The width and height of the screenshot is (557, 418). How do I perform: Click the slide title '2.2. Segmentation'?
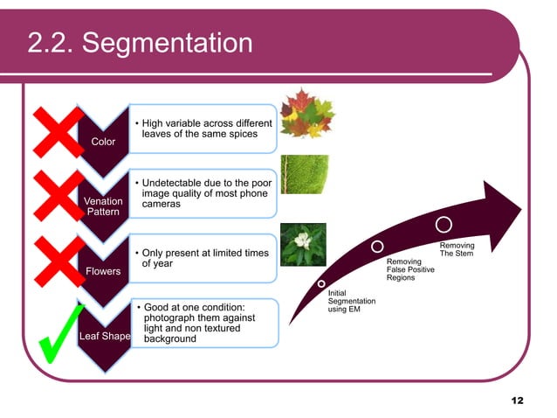(x=140, y=42)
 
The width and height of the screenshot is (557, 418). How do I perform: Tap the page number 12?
(x=518, y=401)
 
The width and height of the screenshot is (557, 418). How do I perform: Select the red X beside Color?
(x=54, y=136)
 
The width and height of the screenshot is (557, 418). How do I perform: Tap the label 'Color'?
(x=103, y=142)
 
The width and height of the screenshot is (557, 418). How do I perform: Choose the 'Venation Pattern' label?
(x=103, y=206)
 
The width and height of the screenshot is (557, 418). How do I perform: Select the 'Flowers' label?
(x=103, y=271)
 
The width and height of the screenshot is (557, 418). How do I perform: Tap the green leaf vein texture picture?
(x=305, y=174)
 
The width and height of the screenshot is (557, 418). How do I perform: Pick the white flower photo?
(x=304, y=244)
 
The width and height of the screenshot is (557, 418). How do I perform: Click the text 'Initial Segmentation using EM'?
(x=351, y=301)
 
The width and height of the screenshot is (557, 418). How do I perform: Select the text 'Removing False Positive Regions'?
(x=409, y=269)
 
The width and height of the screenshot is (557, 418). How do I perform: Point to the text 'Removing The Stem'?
(x=457, y=250)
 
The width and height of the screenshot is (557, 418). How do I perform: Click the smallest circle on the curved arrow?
(x=322, y=284)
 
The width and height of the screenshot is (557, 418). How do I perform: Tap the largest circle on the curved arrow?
(x=444, y=225)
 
